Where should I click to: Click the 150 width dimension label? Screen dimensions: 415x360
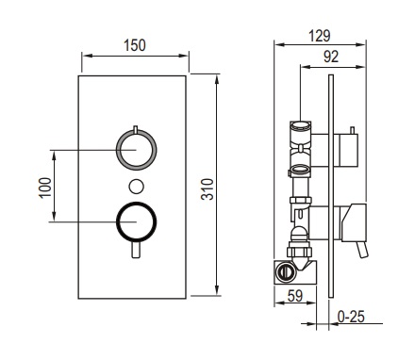pyautogui.click(x=135, y=45)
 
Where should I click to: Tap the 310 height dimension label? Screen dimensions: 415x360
pyautogui.click(x=207, y=189)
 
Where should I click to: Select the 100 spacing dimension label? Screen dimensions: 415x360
pyautogui.click(x=45, y=188)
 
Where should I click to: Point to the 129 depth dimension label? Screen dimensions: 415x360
pyautogui.click(x=320, y=36)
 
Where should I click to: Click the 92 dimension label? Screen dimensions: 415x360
pyautogui.click(x=331, y=57)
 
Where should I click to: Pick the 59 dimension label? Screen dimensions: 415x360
pyautogui.click(x=295, y=296)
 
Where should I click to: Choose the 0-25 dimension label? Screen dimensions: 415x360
pyautogui.click(x=351, y=317)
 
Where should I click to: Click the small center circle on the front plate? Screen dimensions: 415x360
pyautogui.click(x=137, y=186)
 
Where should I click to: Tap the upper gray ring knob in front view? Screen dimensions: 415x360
pyautogui.click(x=136, y=149)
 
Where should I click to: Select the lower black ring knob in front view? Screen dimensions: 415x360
pyautogui.click(x=136, y=222)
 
